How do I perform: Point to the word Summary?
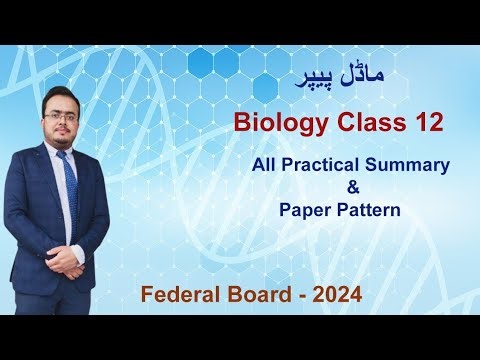tap(414, 164)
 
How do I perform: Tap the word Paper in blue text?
tap(303, 211)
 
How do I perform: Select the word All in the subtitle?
tap(267, 164)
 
